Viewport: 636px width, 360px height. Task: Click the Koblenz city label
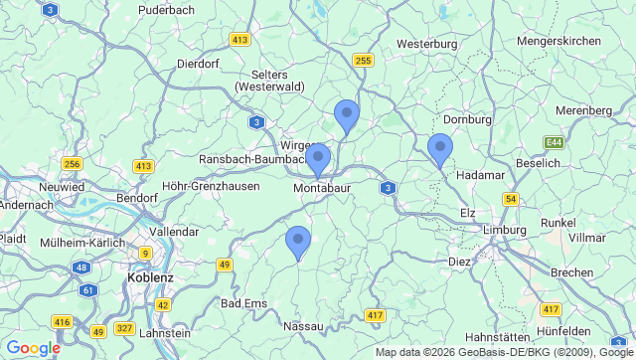[x=152, y=277]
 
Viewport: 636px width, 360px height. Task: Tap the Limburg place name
[x=503, y=230]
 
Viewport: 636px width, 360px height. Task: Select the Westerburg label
[x=426, y=44]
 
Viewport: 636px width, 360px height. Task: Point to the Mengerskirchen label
[x=559, y=41]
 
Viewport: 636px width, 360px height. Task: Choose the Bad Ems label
[x=243, y=303]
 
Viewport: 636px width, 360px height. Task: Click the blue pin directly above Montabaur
[x=319, y=161]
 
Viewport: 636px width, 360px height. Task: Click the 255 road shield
[x=363, y=61]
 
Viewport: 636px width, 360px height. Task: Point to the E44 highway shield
[x=554, y=143]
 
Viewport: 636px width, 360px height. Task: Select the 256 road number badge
[x=71, y=163]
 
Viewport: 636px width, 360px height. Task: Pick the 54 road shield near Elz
[x=511, y=200]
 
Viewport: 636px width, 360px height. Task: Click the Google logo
[x=33, y=348]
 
